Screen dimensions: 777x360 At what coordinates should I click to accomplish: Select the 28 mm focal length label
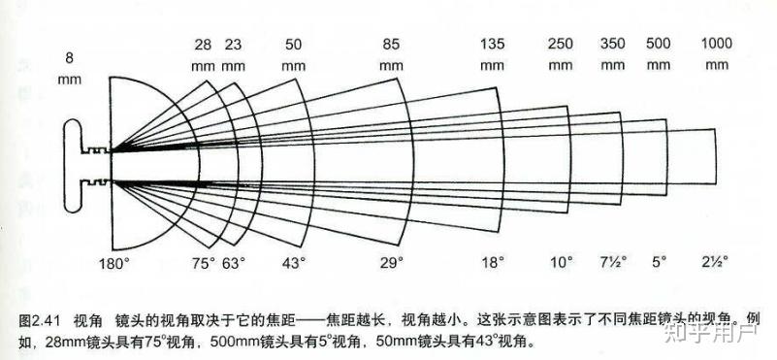[203, 54]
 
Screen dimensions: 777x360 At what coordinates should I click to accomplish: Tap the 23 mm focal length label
[233, 54]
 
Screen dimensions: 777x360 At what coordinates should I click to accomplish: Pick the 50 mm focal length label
[294, 54]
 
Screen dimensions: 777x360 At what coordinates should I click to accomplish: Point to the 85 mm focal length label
[391, 54]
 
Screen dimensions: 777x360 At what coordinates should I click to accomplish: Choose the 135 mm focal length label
[494, 54]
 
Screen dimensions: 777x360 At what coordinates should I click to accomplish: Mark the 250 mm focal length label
[561, 54]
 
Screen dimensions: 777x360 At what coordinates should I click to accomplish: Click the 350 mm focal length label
[613, 54]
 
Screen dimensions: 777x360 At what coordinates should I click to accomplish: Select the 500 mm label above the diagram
[658, 54]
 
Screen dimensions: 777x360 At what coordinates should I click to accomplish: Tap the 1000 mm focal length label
[717, 54]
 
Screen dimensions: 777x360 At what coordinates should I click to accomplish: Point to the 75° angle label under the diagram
[203, 263]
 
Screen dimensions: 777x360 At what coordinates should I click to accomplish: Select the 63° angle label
[234, 263]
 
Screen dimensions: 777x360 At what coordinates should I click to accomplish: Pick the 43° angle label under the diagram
[293, 263]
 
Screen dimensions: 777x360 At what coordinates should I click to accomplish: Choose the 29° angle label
[391, 263]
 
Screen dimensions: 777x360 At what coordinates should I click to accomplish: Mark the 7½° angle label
[612, 263]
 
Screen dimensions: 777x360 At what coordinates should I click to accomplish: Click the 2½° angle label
[716, 263]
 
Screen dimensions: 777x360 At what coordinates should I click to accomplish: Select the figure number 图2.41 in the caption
[41, 319]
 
